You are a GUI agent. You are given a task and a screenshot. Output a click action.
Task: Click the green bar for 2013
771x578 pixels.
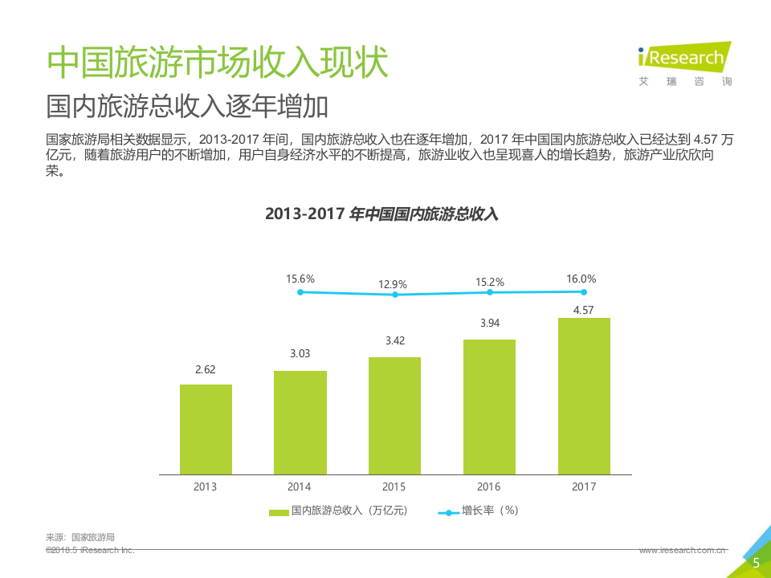coord(206,429)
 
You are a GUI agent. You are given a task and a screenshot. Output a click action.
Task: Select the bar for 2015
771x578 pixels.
coord(394,416)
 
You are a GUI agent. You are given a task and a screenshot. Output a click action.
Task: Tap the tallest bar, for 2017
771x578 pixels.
coord(584,396)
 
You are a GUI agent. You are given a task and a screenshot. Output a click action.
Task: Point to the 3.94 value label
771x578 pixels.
coord(489,324)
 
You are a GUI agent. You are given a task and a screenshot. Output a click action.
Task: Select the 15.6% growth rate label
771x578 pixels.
coord(300,279)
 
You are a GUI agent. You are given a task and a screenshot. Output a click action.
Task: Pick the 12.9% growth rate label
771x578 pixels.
coord(394,284)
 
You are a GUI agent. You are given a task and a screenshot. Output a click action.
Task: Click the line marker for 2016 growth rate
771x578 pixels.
coord(489,293)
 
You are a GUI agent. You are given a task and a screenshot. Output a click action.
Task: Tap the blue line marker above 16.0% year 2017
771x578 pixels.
coord(584,292)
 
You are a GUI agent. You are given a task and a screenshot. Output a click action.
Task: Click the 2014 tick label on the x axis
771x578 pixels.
coord(300,487)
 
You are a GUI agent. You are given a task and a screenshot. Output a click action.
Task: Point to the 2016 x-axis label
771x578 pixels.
coord(488,487)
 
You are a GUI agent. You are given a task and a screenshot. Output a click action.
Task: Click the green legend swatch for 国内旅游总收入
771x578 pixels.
coord(279,511)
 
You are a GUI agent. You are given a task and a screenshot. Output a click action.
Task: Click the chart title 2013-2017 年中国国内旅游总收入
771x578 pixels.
coord(381,214)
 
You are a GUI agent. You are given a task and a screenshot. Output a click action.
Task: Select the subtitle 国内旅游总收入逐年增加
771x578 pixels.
coord(188,106)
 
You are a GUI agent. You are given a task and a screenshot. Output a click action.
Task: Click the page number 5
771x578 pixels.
coord(755,564)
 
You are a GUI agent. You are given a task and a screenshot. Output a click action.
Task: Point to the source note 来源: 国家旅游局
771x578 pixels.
coord(80,537)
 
